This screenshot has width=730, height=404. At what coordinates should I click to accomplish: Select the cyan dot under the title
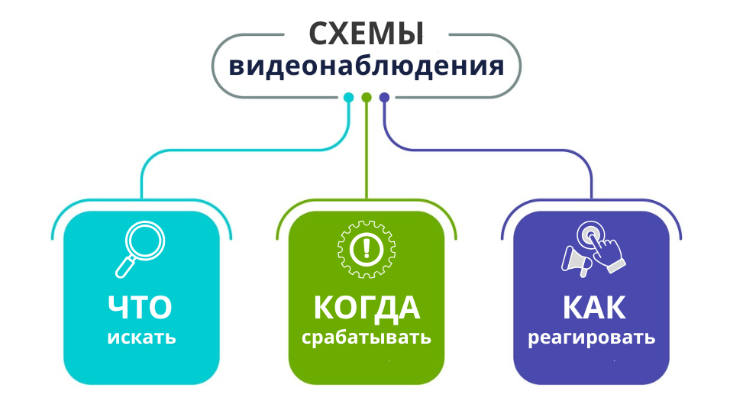(x=348, y=97)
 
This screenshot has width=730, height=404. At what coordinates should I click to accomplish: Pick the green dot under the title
(x=367, y=97)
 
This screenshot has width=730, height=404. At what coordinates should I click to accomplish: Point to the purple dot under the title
(x=384, y=97)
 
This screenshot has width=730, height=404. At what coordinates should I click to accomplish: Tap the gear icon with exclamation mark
(x=366, y=248)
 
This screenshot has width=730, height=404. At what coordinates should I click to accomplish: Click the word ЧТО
(x=141, y=307)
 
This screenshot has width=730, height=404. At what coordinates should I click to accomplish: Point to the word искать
(x=141, y=337)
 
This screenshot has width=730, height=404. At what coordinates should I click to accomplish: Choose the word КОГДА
(x=366, y=307)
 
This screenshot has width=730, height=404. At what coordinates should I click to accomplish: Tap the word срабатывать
(x=366, y=338)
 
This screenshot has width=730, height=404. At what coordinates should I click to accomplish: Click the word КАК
(x=593, y=307)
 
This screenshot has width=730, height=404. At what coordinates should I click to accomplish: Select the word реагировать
(x=592, y=338)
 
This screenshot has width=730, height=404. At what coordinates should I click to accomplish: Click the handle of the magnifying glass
(x=125, y=267)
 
